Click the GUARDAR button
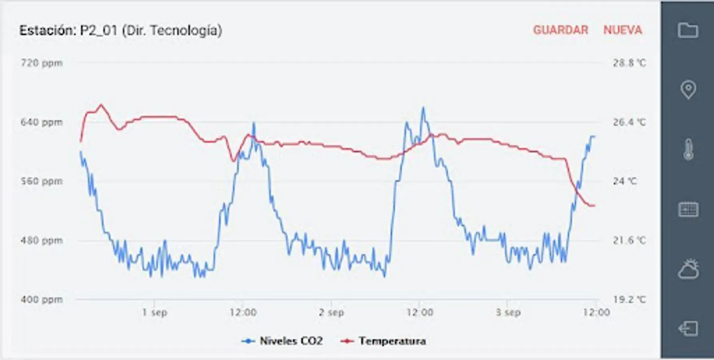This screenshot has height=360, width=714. click(560, 30)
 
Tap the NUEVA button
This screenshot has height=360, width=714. click(622, 30)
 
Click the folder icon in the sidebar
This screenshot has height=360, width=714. click(688, 30)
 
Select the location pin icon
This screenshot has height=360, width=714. click(688, 90)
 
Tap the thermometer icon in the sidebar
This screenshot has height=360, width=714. click(688, 150)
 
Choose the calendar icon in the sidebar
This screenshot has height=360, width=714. click(688, 209)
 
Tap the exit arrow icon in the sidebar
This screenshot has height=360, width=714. click(688, 328)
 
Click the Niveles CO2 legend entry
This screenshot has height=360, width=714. click(283, 341)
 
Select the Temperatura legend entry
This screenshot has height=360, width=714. click(383, 341)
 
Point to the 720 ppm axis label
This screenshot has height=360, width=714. click(42, 63)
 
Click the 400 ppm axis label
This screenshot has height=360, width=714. click(42, 299)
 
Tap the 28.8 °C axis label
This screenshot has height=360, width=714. click(629, 63)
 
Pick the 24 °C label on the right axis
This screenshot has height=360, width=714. click(624, 181)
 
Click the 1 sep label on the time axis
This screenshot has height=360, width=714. click(154, 312)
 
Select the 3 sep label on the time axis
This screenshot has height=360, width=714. click(508, 312)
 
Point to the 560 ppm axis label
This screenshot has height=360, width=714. click(42, 181)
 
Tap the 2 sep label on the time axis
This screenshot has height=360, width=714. click(331, 312)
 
